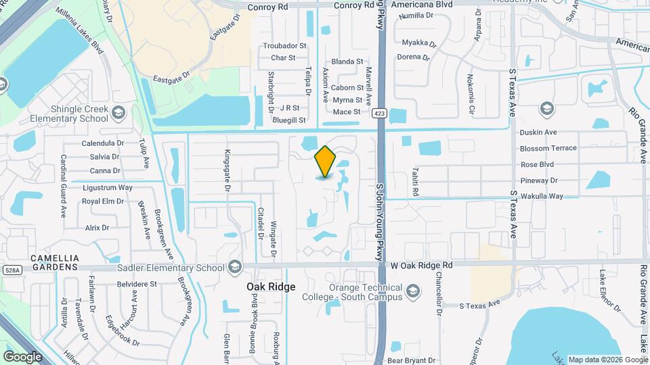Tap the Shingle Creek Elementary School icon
[x=120, y=112]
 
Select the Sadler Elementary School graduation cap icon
[x=235, y=268]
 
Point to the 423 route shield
[x=380, y=114]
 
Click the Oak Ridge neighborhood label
[x=270, y=287]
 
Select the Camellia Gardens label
[x=56, y=263]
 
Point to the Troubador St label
[x=284, y=46]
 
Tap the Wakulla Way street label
[x=542, y=196]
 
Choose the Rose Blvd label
[x=538, y=164]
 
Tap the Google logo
[x=23, y=356]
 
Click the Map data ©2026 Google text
[x=607, y=360]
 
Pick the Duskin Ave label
[x=538, y=132]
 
